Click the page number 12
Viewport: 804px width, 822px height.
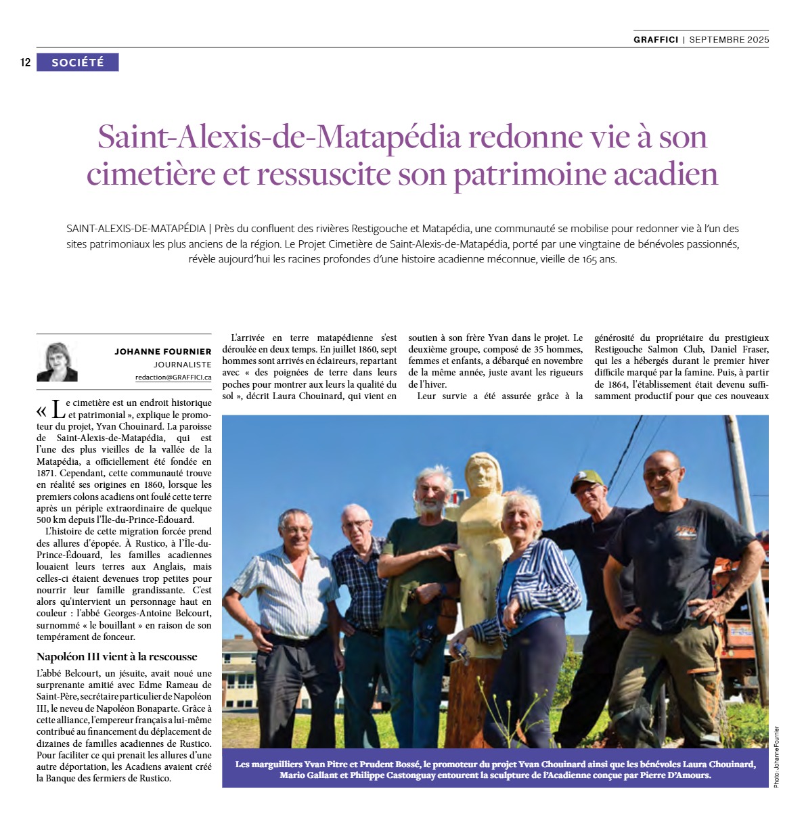26,63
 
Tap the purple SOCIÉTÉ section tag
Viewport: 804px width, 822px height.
78,62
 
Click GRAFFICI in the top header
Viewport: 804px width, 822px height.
656,39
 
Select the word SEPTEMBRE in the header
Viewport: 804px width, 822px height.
716,39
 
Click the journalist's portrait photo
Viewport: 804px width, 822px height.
61,362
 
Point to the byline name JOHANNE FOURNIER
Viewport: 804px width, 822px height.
163,352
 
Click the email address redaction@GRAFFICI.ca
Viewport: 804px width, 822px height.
173,378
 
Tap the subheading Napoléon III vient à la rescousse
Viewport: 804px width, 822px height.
117,656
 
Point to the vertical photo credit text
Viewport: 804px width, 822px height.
776,756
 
